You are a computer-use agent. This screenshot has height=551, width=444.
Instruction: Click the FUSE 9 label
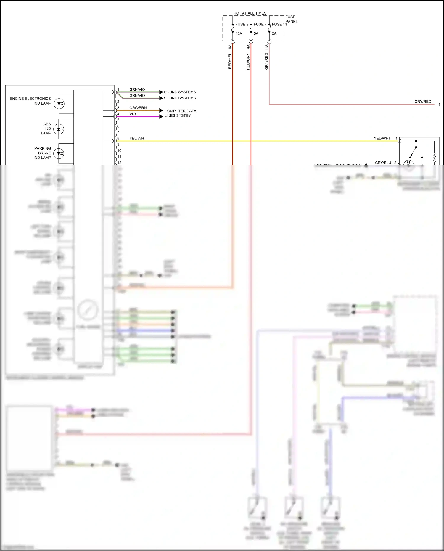tap(242, 24)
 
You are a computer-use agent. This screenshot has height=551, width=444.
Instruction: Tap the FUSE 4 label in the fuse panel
tap(260, 24)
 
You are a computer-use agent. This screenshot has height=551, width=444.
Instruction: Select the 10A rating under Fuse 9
tap(239, 33)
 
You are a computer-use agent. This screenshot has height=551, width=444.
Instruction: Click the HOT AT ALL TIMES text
tap(250, 13)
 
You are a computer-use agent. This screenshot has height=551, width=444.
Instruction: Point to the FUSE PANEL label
tap(291, 19)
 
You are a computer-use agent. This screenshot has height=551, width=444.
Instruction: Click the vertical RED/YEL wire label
tap(230, 61)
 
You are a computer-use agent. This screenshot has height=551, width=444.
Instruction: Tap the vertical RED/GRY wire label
tap(248, 62)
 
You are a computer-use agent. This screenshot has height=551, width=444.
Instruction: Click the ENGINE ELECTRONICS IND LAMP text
tap(30, 101)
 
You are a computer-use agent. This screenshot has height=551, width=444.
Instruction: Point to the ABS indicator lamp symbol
tap(59, 129)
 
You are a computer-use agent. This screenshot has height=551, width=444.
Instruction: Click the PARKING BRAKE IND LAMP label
tap(42, 153)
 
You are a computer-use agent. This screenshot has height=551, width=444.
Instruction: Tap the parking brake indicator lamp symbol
tap(59, 153)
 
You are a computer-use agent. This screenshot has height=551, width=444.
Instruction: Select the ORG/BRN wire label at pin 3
tap(138, 108)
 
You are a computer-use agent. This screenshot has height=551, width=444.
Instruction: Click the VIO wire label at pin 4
tap(132, 114)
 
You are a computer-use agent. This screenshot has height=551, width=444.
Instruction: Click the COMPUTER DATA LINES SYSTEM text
tap(180, 113)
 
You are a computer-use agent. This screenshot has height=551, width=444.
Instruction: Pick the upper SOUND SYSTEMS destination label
tap(180, 92)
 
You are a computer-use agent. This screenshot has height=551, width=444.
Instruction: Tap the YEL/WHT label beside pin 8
tap(138, 138)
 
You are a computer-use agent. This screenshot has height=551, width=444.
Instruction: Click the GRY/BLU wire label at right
tap(383, 163)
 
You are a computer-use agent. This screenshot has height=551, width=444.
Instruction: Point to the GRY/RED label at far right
tap(423, 102)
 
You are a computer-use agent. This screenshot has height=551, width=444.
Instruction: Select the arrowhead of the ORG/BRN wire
tap(161, 110)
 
